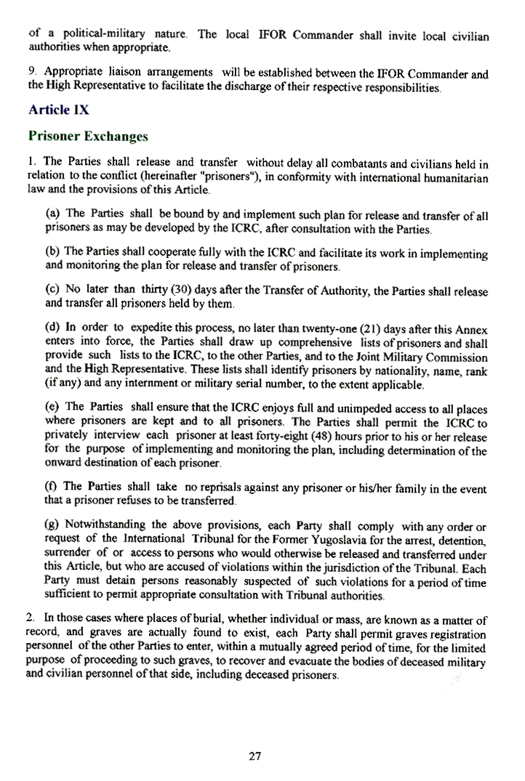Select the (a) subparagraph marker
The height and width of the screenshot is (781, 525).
click(52, 213)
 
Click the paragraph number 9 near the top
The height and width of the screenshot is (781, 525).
click(31, 73)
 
